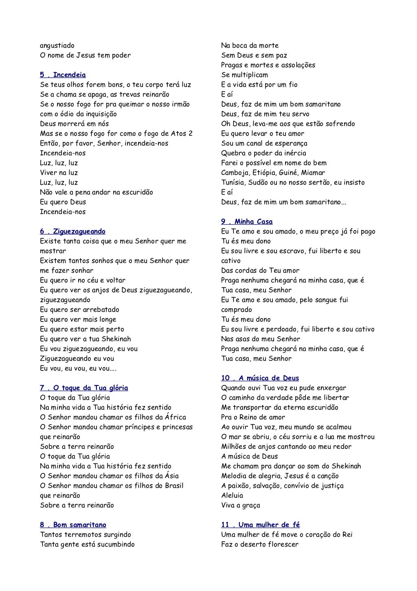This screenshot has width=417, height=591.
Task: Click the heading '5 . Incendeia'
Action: click(x=63, y=75)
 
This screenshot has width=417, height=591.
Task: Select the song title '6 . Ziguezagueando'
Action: click(x=72, y=232)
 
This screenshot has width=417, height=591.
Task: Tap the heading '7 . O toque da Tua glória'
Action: click(x=84, y=388)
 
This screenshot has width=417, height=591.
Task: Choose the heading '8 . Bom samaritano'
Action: click(x=73, y=525)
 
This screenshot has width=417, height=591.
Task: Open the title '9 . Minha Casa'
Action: click(x=247, y=222)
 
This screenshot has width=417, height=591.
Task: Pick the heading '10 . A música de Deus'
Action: click(x=260, y=378)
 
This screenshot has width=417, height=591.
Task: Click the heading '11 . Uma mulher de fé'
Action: click(x=260, y=525)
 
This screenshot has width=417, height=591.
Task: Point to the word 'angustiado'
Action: click(x=57, y=46)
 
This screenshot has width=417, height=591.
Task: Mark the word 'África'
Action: click(x=176, y=417)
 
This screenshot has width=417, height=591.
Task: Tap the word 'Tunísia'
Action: click(x=233, y=183)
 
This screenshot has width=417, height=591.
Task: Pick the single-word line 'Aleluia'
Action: click(x=232, y=496)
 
